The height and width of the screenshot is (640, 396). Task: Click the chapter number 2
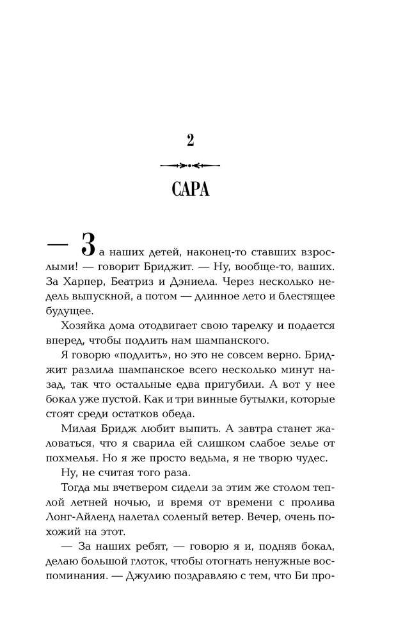tap(190, 140)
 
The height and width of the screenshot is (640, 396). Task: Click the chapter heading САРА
tap(190, 190)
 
